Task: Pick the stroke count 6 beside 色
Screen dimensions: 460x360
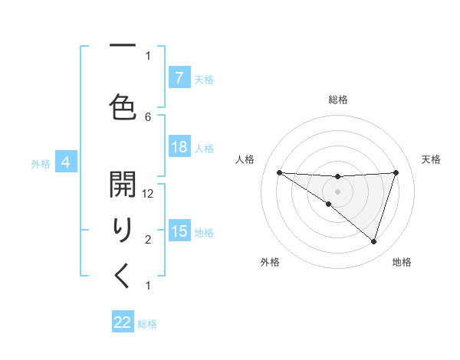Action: coord(148,116)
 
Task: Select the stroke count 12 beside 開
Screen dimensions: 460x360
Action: coord(148,195)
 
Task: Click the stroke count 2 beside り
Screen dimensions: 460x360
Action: coord(148,240)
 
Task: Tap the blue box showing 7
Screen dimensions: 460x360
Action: coord(179,78)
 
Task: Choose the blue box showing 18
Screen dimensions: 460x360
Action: coord(179,147)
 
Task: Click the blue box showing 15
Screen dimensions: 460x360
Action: coord(179,231)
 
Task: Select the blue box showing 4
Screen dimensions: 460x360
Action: coord(66,162)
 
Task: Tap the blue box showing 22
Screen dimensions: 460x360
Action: coord(123,322)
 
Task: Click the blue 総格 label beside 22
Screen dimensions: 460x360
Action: coord(147,324)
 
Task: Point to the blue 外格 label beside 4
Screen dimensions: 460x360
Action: coord(41,163)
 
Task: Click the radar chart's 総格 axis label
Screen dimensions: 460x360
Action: coord(337,100)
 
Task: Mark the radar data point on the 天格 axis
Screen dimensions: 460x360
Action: coord(396,172)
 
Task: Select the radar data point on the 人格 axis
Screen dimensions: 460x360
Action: coord(279,172)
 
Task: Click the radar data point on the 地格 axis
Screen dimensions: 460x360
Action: coord(373,242)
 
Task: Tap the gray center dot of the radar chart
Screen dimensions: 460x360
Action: coord(337,190)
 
